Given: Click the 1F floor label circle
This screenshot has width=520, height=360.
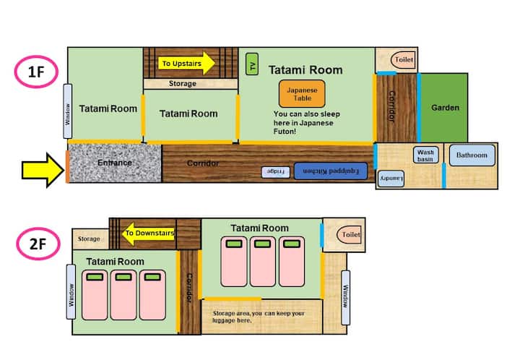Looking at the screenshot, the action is click(37, 72).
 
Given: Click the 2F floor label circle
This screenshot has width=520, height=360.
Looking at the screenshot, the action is click(38, 244).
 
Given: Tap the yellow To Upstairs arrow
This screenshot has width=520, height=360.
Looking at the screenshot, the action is click(186, 63).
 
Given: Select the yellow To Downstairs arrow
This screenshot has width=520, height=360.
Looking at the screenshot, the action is click(148, 233).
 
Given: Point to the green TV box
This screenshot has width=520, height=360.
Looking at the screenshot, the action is click(252, 64).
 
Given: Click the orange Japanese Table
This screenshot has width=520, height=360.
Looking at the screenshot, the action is click(302, 94).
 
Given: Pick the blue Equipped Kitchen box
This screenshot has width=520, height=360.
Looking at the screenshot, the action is click(331, 171).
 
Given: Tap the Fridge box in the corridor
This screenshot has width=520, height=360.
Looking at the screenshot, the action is click(276, 172).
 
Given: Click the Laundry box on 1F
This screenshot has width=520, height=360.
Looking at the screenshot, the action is click(391, 179).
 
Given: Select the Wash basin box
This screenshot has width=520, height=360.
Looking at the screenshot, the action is click(426, 155).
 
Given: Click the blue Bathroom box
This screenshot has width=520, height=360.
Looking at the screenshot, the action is click(472, 155).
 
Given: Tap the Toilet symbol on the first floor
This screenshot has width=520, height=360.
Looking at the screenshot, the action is click(403, 60).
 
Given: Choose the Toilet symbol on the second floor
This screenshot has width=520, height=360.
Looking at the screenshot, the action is click(350, 235).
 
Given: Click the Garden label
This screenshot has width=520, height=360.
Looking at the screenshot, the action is click(445, 108).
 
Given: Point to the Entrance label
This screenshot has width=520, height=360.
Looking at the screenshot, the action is click(115, 163).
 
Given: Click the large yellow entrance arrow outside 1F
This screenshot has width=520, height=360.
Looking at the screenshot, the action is click(43, 170).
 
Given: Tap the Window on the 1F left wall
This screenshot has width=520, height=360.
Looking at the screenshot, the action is click(68, 111).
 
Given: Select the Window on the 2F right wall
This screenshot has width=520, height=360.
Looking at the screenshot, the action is click(345, 298).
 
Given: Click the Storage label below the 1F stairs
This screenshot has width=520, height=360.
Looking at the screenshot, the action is click(183, 84).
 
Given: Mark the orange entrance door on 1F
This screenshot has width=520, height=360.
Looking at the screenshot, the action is click(67, 166).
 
